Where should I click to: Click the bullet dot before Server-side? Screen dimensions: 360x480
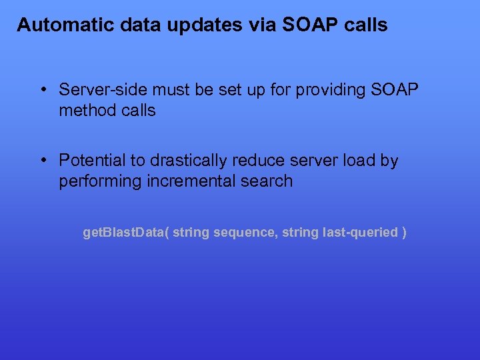(x=42, y=89)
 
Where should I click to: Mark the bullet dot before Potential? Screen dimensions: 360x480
(x=42, y=161)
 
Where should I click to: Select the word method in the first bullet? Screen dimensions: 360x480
(x=85, y=111)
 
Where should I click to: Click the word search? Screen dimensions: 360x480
(x=269, y=181)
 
